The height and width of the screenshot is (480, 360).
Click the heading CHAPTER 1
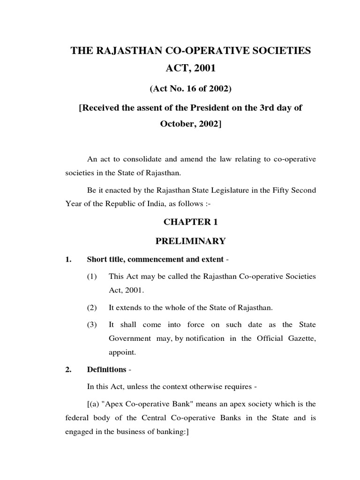pos(190,221)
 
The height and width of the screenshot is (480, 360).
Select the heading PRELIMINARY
pos(190,241)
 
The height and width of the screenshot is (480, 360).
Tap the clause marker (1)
pos(92,277)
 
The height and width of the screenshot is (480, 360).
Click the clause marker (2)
pos(92,307)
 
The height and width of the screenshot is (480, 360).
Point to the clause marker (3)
pos(92,324)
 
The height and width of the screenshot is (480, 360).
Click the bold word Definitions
pos(107,369)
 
